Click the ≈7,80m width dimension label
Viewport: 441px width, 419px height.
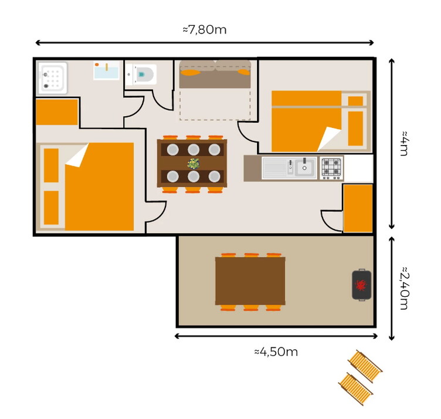[x=205, y=29]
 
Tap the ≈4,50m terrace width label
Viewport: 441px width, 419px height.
[x=276, y=352]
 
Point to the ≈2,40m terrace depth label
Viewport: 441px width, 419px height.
[x=405, y=288]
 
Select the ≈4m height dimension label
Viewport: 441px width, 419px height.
[x=405, y=143]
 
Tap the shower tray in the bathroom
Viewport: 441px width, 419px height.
[x=53, y=78]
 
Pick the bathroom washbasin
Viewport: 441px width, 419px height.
[x=106, y=70]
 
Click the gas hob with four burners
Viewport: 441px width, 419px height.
[x=331, y=168]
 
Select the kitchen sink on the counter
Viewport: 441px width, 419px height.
[x=289, y=168]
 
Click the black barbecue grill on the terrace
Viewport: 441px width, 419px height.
[x=362, y=285]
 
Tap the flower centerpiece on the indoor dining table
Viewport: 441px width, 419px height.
[x=194, y=164]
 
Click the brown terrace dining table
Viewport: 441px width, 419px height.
[x=250, y=281]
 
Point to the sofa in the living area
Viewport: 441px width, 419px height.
[x=215, y=74]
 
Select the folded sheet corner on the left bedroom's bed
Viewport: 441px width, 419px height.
[x=77, y=155]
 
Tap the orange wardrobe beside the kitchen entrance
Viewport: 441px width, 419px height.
[x=358, y=208]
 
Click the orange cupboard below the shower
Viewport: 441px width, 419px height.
[x=57, y=112]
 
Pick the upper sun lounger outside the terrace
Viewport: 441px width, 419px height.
[x=365, y=366]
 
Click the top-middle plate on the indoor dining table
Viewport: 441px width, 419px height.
[x=194, y=150]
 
